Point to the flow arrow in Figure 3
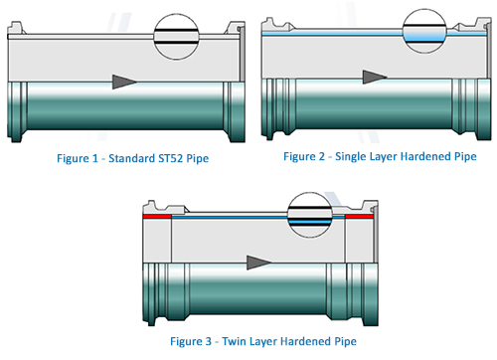point(258,263)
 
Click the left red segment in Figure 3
point(157,217)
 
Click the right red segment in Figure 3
point(359,217)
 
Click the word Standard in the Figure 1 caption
point(131,158)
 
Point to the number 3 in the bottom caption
point(208,341)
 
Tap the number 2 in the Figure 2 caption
point(321,156)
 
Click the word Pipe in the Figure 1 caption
point(198,159)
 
